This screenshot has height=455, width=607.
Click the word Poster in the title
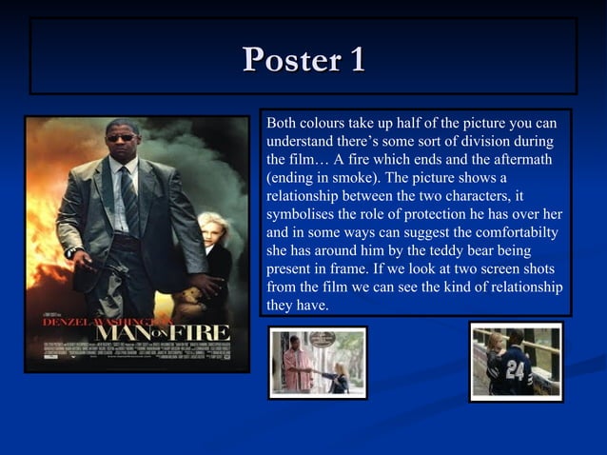point(289,60)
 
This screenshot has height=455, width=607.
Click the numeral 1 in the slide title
point(355,60)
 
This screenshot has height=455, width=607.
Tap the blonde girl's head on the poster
point(209,227)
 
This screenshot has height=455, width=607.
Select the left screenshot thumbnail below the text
point(317,363)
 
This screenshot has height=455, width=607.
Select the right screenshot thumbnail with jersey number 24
point(516,362)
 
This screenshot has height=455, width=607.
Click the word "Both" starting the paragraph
point(282,123)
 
